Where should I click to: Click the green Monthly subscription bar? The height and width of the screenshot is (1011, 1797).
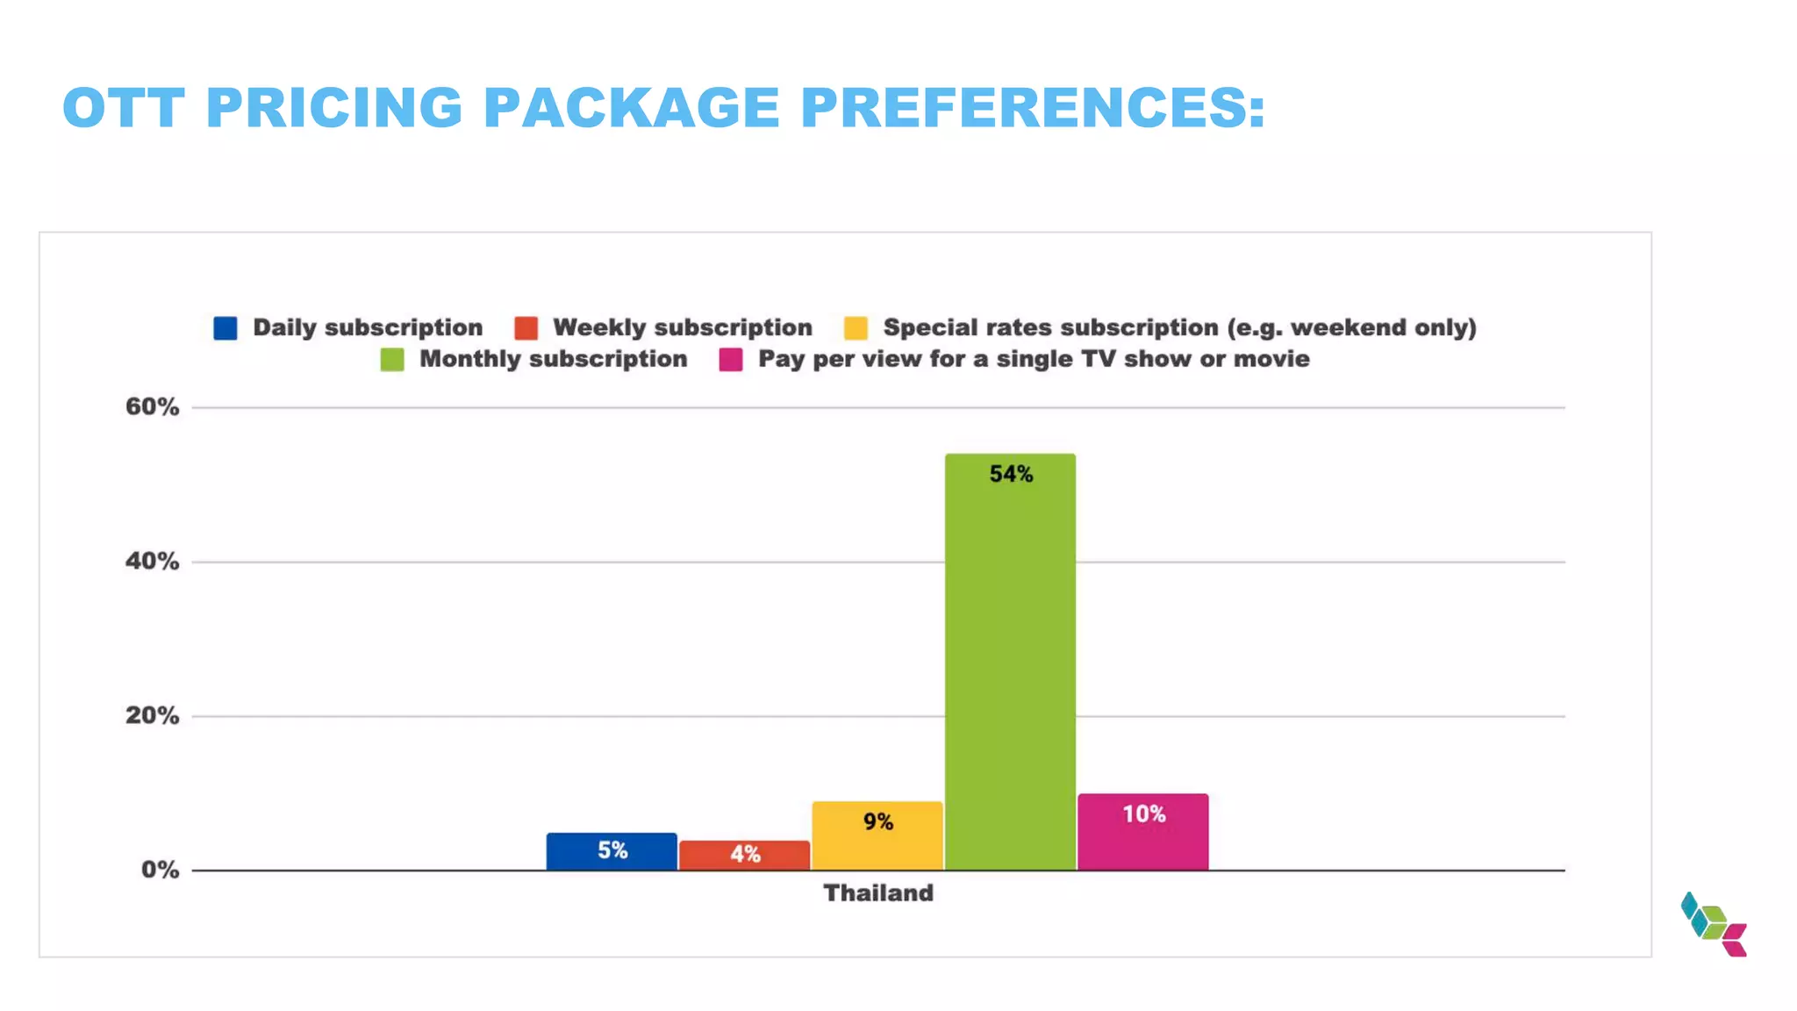[x=1010, y=667]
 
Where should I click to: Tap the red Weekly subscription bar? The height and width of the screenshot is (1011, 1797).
[x=744, y=856]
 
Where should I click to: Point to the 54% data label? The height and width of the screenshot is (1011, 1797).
[x=1011, y=474]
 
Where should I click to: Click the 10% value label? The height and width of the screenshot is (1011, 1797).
[x=1144, y=814]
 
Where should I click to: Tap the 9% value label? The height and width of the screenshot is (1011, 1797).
[x=877, y=821]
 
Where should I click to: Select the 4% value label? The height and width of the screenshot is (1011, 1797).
[x=745, y=854]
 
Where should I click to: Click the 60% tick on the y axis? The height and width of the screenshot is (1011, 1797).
[x=152, y=406]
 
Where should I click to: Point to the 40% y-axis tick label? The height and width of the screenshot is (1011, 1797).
[x=152, y=561]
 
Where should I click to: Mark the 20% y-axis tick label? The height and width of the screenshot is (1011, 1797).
[x=152, y=715]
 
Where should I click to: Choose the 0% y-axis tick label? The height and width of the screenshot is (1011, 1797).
[x=160, y=870]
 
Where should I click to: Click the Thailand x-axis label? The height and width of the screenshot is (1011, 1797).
[x=878, y=893]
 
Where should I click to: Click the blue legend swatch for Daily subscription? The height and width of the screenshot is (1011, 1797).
[x=226, y=328]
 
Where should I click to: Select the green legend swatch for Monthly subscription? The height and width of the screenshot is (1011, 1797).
[x=392, y=360]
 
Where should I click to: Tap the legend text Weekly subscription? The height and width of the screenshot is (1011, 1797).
[x=683, y=327]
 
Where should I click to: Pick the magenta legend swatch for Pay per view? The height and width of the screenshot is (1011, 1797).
[x=731, y=360]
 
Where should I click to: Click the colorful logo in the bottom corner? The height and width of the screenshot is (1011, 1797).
[x=1714, y=924]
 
